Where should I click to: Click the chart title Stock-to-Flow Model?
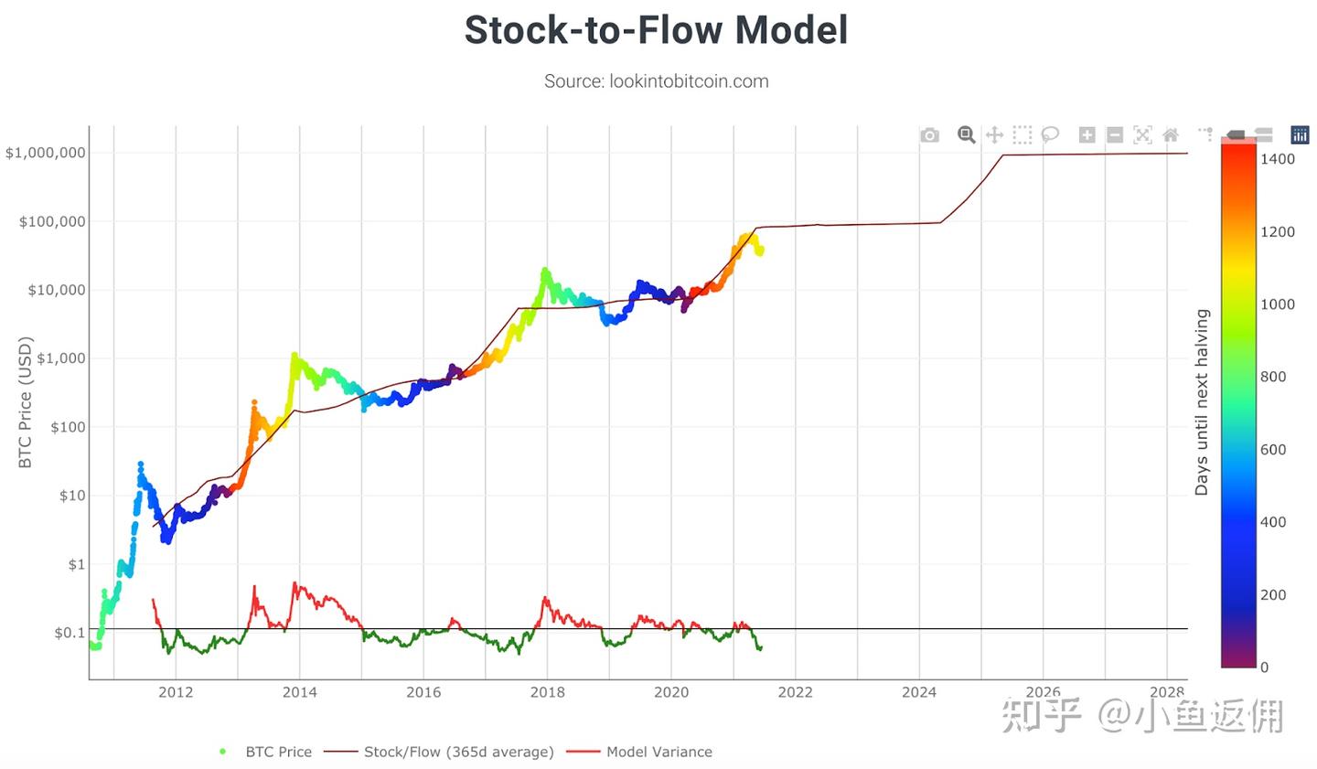point(656,30)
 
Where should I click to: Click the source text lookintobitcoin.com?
point(656,81)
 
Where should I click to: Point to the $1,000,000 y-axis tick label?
point(46,153)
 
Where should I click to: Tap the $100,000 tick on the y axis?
point(52,221)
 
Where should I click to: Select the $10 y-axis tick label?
point(72,496)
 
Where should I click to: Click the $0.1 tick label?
point(70,633)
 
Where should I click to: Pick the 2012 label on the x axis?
point(176,692)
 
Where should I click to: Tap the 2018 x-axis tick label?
point(547,692)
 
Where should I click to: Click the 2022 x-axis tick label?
point(795,692)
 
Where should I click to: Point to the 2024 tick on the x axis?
point(919,692)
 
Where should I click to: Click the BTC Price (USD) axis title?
point(26,402)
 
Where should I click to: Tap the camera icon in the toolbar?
point(930,135)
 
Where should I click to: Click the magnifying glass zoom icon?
point(966,135)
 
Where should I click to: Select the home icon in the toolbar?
point(1171,135)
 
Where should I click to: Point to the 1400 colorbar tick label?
point(1278,159)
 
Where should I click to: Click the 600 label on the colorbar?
point(1273,450)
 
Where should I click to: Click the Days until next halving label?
point(1202,402)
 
